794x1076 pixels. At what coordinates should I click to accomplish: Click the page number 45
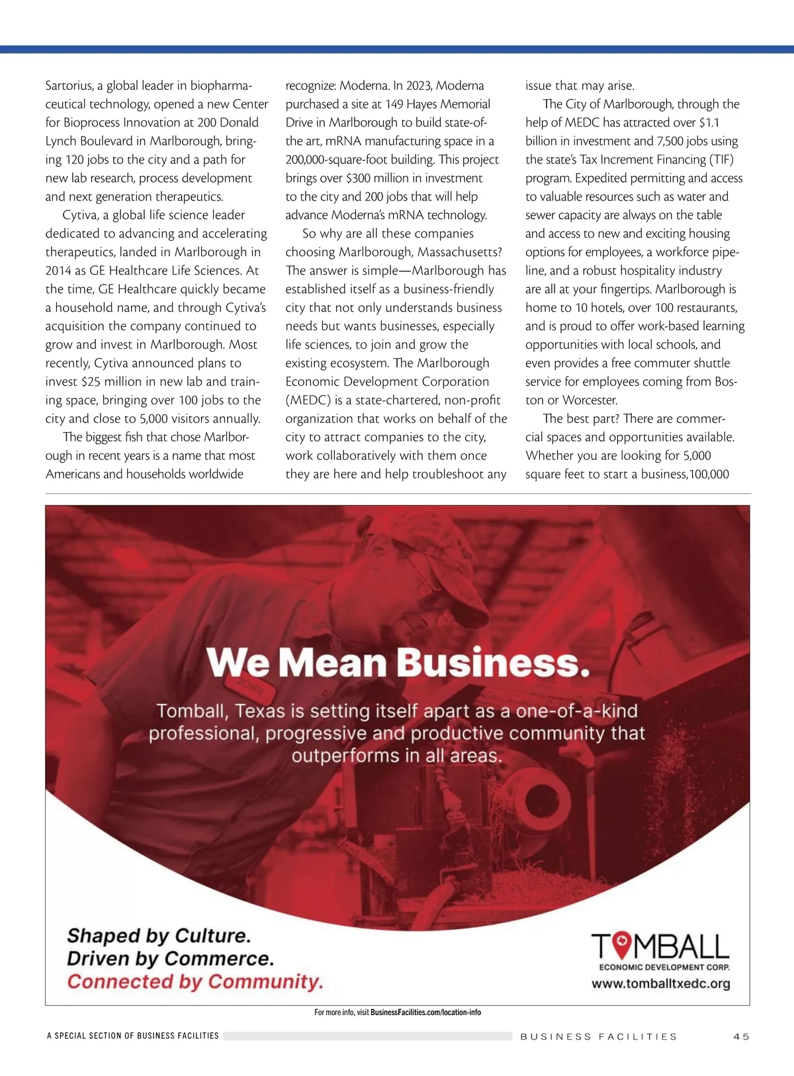point(741,1036)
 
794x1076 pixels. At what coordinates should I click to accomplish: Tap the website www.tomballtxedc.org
point(660,983)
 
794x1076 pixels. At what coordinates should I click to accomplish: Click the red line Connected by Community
point(195,981)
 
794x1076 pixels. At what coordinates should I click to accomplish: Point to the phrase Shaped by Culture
point(159,936)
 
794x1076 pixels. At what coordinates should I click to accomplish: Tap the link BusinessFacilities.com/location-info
point(425,1012)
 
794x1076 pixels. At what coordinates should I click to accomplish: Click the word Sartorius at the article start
point(69,85)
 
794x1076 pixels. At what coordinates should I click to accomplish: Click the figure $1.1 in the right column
point(709,122)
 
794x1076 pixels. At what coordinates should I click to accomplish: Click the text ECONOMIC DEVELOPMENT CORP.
point(664,967)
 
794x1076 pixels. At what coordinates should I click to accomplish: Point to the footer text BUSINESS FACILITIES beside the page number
point(599,1036)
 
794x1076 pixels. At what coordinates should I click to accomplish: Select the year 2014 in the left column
point(58,270)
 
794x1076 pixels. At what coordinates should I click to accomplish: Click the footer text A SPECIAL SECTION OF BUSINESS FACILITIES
point(133,1036)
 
